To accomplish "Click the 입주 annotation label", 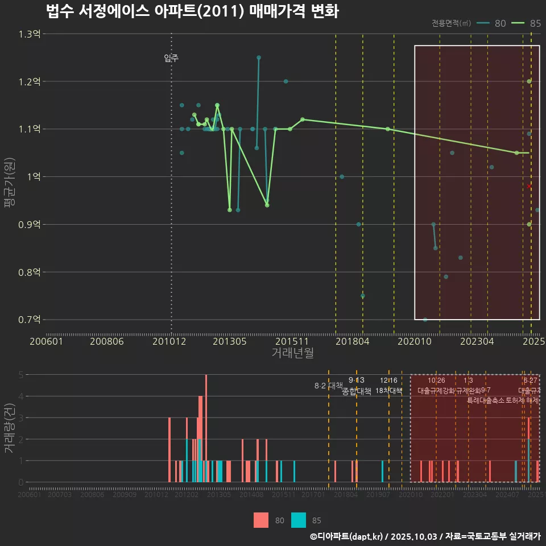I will point(171,58).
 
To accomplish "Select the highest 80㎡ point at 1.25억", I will point(259,57).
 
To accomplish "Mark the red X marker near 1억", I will point(529,186).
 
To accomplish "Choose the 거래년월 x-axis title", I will point(292,353).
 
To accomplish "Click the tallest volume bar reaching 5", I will point(206,428).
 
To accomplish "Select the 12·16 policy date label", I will point(389,380).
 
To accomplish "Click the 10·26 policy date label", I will point(436,380).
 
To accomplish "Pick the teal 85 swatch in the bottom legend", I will point(299,520).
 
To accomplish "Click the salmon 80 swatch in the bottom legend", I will point(261,520).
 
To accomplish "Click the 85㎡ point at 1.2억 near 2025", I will point(530,81).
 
